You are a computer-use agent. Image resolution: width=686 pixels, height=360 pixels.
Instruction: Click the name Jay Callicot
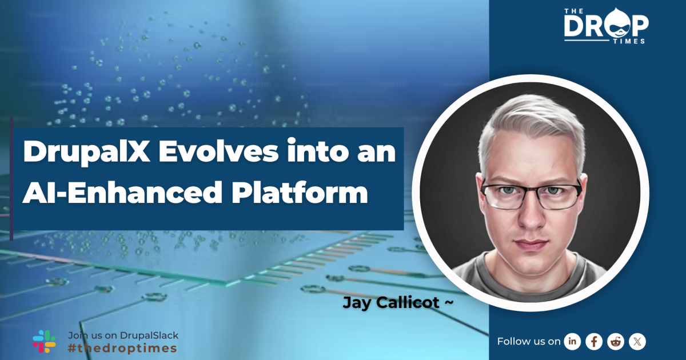coord(392,303)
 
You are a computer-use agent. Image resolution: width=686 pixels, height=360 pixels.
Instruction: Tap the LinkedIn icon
coord(572,341)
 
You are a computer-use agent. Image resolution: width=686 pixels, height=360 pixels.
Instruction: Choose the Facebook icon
coord(594,341)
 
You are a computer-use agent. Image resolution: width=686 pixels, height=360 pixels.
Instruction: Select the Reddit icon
coord(616,341)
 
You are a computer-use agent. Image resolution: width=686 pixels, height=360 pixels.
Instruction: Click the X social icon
coord(637,341)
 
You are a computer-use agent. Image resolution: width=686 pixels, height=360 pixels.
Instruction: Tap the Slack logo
coord(44,341)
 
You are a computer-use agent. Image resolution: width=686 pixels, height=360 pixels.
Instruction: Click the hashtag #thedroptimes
coord(122,348)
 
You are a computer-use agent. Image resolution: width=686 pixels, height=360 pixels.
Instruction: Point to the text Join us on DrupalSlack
coord(123,335)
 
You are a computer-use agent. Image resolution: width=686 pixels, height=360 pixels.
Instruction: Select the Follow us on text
coord(529,341)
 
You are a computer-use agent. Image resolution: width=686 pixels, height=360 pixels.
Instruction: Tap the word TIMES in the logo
coord(632,41)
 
